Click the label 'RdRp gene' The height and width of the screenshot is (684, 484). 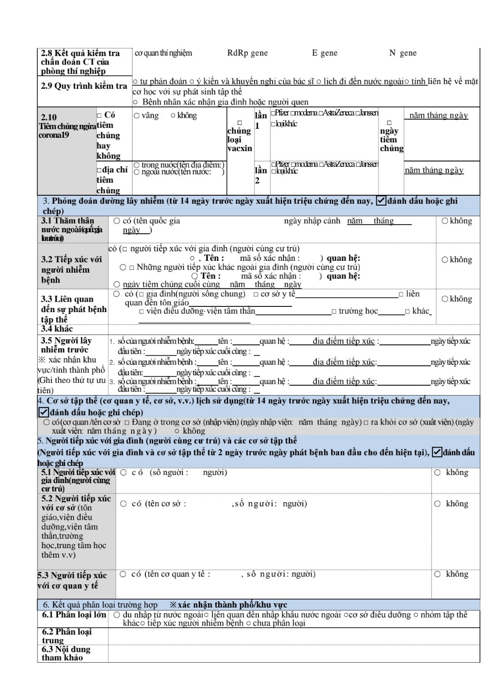pyautogui.click(x=247, y=53)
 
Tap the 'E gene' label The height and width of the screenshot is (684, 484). pyautogui.click(x=324, y=53)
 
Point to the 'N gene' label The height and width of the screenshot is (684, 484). pyautogui.click(x=403, y=53)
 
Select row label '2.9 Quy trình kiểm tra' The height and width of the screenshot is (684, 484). pyautogui.click(x=84, y=86)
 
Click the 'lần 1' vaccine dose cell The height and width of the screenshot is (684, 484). pyautogui.click(x=261, y=120)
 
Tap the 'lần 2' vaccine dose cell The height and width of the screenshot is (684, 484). pyautogui.click(x=261, y=175)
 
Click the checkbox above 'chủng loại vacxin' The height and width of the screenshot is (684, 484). pyautogui.click(x=239, y=123)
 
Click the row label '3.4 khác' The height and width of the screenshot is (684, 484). pyautogui.click(x=57, y=329)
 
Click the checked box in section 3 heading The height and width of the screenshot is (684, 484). pyautogui.click(x=380, y=201)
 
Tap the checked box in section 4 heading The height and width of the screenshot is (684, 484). pyautogui.click(x=43, y=412)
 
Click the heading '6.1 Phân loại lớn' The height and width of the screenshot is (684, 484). pyautogui.click(x=74, y=615)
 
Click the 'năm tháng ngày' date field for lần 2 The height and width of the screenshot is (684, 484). pyautogui.click(x=434, y=170)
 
